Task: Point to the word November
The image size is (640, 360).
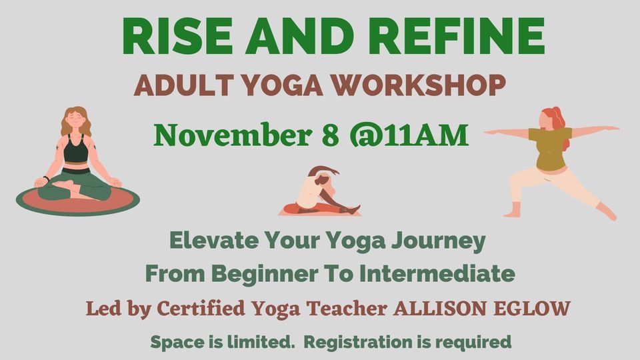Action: (x=226, y=135)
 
